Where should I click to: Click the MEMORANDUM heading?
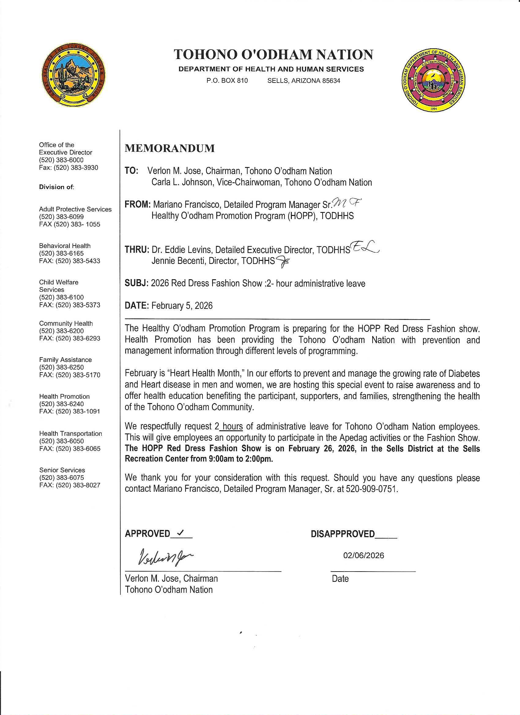(170, 149)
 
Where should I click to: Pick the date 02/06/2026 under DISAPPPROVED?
(364, 555)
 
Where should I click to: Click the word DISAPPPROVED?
(343, 534)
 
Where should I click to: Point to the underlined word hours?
(232, 427)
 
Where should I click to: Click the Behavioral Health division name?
(65, 246)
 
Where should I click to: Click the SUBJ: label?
(136, 283)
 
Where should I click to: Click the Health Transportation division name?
(70, 433)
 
